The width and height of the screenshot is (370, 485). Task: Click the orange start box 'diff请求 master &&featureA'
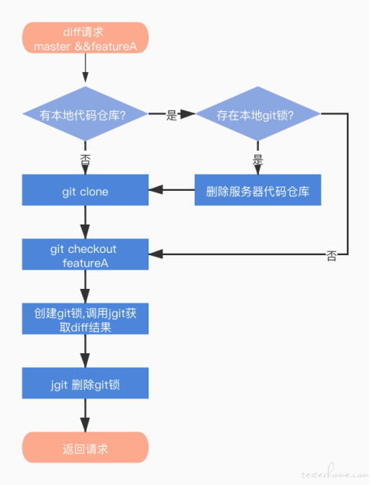click(x=85, y=38)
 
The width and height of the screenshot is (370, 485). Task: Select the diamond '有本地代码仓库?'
click(x=85, y=114)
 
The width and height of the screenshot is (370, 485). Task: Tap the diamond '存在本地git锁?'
click(x=257, y=114)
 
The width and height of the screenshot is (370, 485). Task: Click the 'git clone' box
click(x=85, y=190)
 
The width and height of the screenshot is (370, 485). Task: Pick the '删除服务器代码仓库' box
click(x=257, y=190)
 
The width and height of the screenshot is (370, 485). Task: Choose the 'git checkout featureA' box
click(x=85, y=254)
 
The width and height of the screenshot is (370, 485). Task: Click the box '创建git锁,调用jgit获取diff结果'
click(x=85, y=319)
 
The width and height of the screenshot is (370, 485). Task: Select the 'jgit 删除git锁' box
click(x=85, y=383)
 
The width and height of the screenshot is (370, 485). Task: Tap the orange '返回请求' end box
click(x=85, y=447)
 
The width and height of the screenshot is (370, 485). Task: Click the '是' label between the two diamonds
click(x=172, y=115)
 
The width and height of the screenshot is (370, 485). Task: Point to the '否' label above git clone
click(x=85, y=160)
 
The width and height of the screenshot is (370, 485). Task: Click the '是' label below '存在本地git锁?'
click(x=257, y=160)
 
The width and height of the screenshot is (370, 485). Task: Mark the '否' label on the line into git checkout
click(x=332, y=256)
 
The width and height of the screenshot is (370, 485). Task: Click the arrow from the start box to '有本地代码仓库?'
click(x=85, y=67)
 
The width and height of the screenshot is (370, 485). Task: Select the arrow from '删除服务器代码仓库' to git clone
click(x=172, y=190)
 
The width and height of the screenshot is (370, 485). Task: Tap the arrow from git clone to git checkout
click(x=85, y=222)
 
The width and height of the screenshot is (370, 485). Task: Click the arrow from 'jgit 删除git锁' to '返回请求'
click(x=85, y=415)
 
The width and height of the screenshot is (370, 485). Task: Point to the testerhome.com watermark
click(x=335, y=472)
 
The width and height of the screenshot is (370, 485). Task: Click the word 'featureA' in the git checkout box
click(x=85, y=264)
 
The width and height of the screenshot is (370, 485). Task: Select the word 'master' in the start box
click(x=52, y=47)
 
